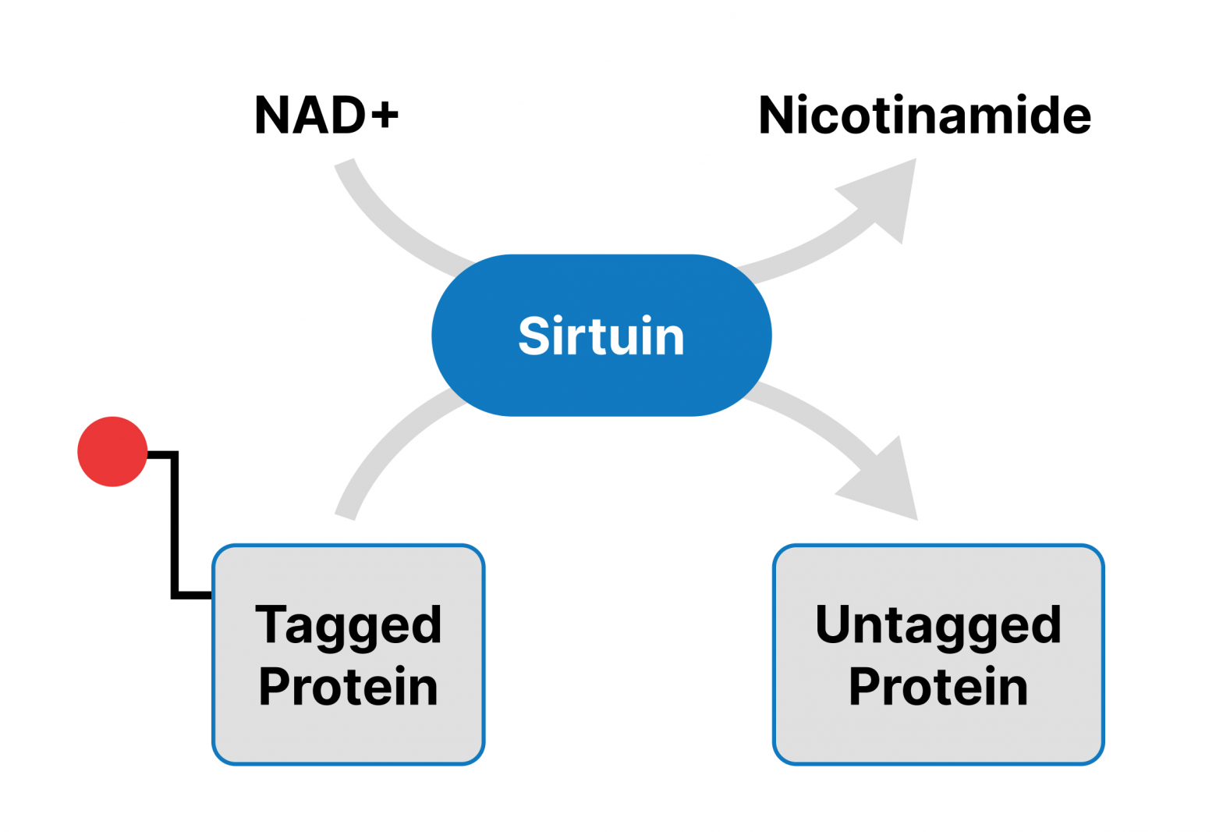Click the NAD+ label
326,116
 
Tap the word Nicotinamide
924,116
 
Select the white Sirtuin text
601,336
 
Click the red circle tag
112,451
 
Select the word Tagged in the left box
348,626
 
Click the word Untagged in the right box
938,626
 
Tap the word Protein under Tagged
348,687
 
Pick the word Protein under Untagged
938,687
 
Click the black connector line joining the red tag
175,531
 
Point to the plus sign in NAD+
385,116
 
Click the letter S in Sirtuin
534,336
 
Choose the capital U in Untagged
832,623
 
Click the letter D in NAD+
347,116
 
